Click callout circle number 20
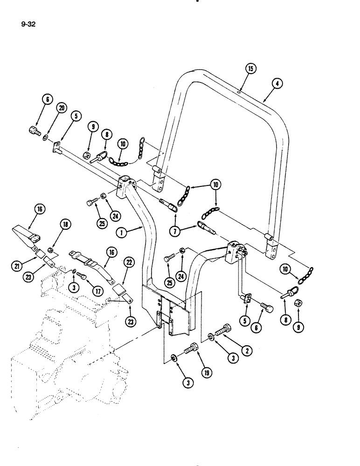coord(61,108)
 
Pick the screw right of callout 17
coord(82,276)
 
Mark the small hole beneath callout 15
coord(238,93)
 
